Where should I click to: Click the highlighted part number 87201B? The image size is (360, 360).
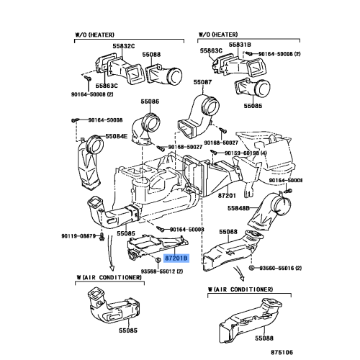(x=176, y=258)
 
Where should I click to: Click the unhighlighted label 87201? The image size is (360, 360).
(x=228, y=195)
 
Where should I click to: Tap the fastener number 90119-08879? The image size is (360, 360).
(x=78, y=236)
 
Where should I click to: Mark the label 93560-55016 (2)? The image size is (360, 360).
(x=279, y=267)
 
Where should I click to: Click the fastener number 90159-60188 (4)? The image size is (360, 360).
(x=246, y=153)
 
